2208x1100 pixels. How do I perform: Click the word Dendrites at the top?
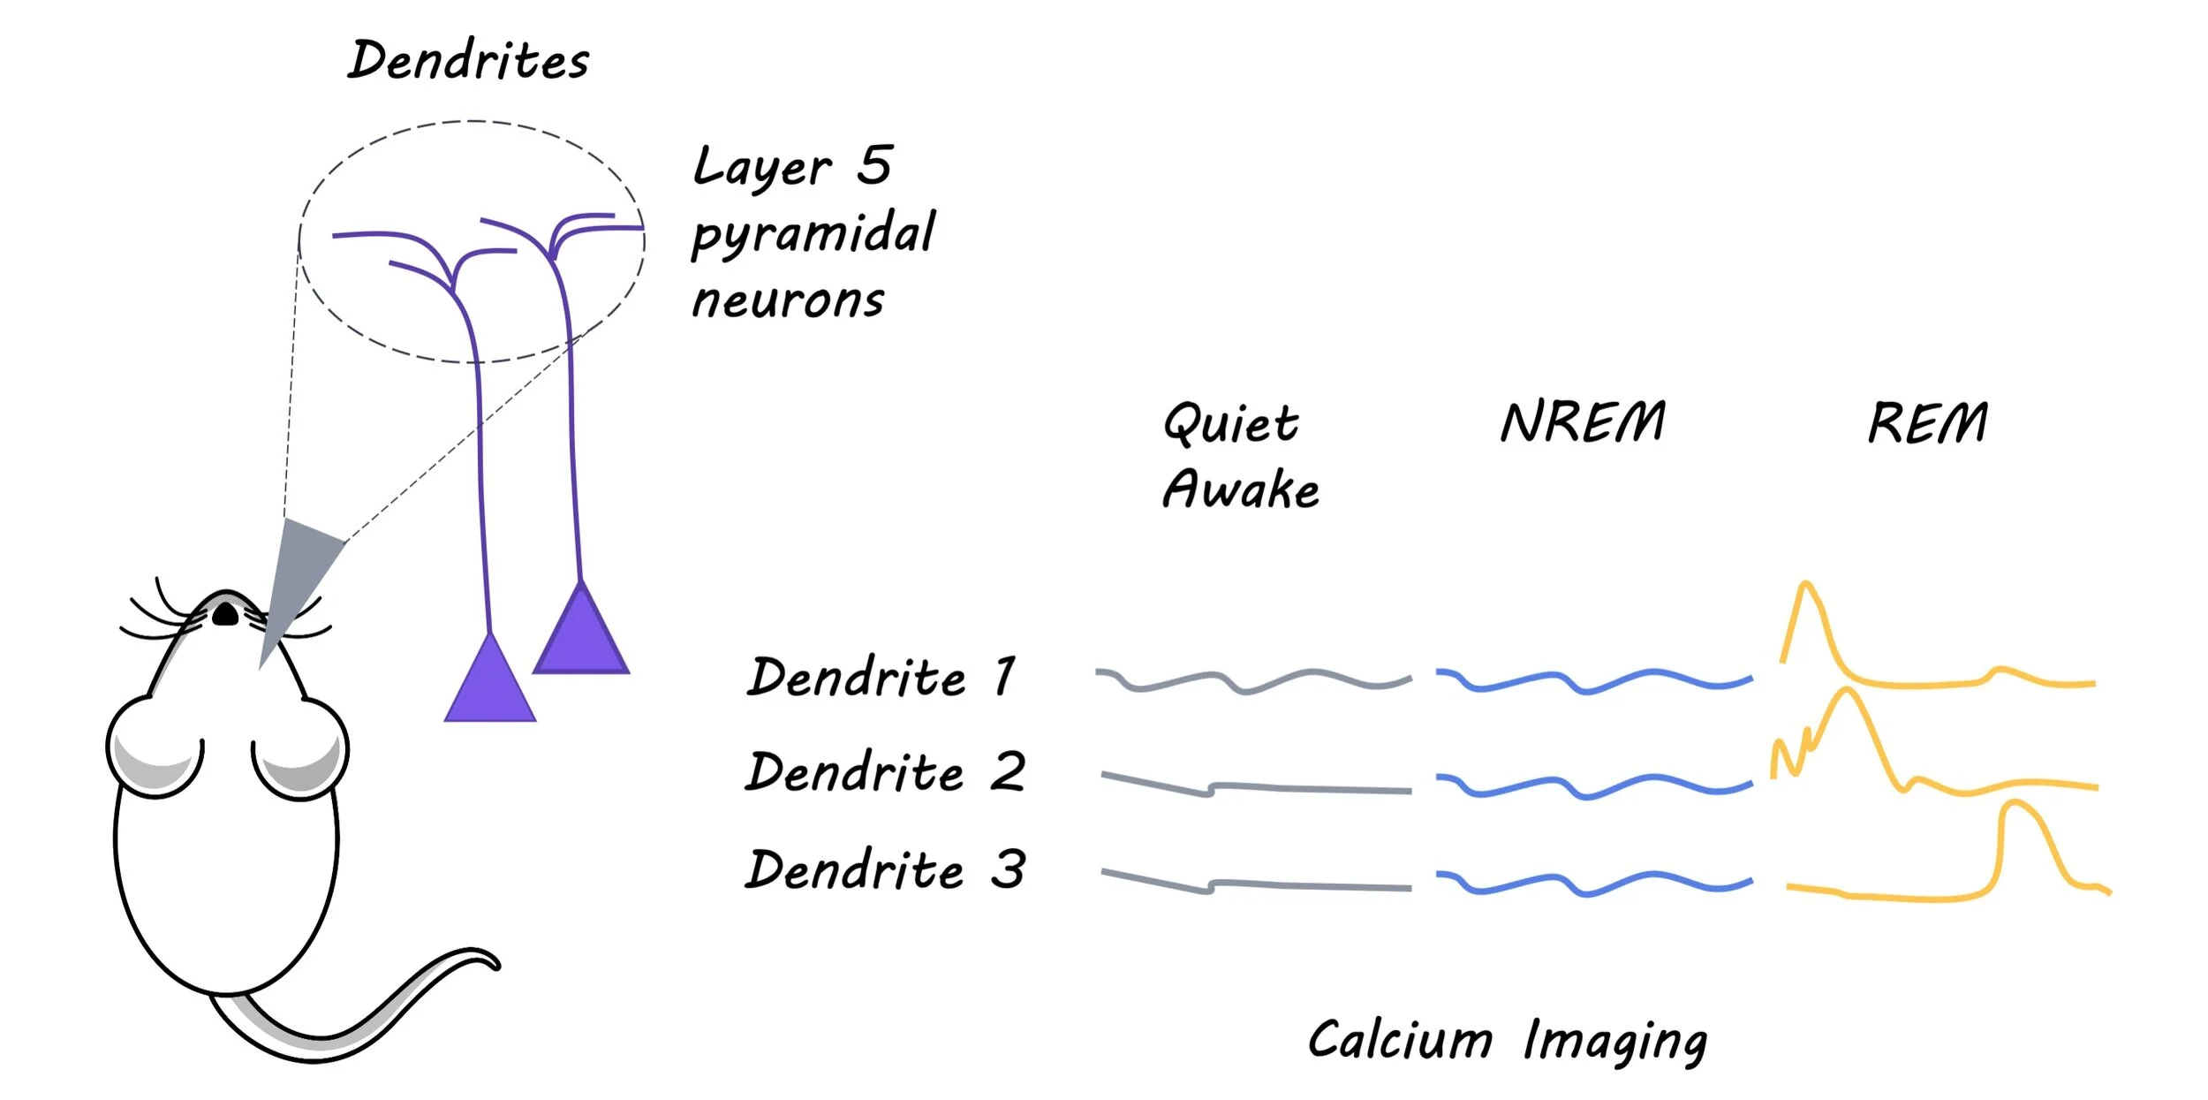tap(468, 60)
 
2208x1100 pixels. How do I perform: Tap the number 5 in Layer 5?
tap(874, 165)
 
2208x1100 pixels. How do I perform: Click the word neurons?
tap(788, 300)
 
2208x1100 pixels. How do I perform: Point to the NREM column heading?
tap(1583, 421)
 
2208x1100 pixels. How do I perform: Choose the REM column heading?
tap(1927, 422)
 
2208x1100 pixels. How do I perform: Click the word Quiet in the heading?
tap(1230, 423)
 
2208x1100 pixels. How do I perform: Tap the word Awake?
tap(1241, 489)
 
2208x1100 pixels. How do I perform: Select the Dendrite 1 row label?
tap(881, 678)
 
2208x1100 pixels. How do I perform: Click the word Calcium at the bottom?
tap(1400, 1040)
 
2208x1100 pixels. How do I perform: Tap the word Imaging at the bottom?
tap(1615, 1042)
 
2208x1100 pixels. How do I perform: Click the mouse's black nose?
tap(225, 614)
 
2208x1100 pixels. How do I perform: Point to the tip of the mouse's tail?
tap(495, 962)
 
